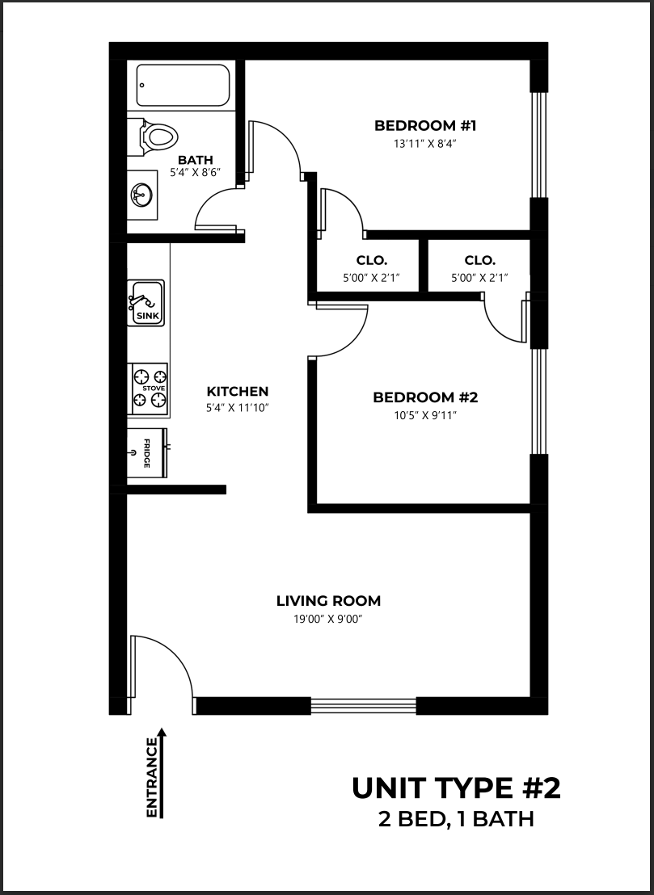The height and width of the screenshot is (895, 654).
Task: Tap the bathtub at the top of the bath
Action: point(183,85)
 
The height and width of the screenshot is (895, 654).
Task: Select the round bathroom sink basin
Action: point(141,195)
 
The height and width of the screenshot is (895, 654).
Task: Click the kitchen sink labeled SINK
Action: point(146,303)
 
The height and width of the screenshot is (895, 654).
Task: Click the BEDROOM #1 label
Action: point(425,125)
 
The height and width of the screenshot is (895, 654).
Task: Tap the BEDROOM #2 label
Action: point(425,397)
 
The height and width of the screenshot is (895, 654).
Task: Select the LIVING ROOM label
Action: point(328,600)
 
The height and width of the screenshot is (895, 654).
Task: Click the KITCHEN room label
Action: point(237,392)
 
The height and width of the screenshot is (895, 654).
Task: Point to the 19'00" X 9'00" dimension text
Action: point(328,619)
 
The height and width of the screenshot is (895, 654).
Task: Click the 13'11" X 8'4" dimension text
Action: point(425,144)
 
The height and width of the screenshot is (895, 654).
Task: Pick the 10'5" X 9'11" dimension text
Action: point(425,415)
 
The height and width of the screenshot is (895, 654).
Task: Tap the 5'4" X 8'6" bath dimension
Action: point(196,172)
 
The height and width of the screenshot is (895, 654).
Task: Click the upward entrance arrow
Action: point(162,773)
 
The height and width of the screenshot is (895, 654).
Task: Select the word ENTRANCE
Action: point(152,778)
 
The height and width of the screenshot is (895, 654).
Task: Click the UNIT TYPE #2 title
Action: point(456,788)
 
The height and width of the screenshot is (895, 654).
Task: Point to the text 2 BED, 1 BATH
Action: point(456,819)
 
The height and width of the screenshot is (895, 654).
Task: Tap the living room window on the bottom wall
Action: point(363,706)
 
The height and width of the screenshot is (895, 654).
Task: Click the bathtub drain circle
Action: point(141,86)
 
